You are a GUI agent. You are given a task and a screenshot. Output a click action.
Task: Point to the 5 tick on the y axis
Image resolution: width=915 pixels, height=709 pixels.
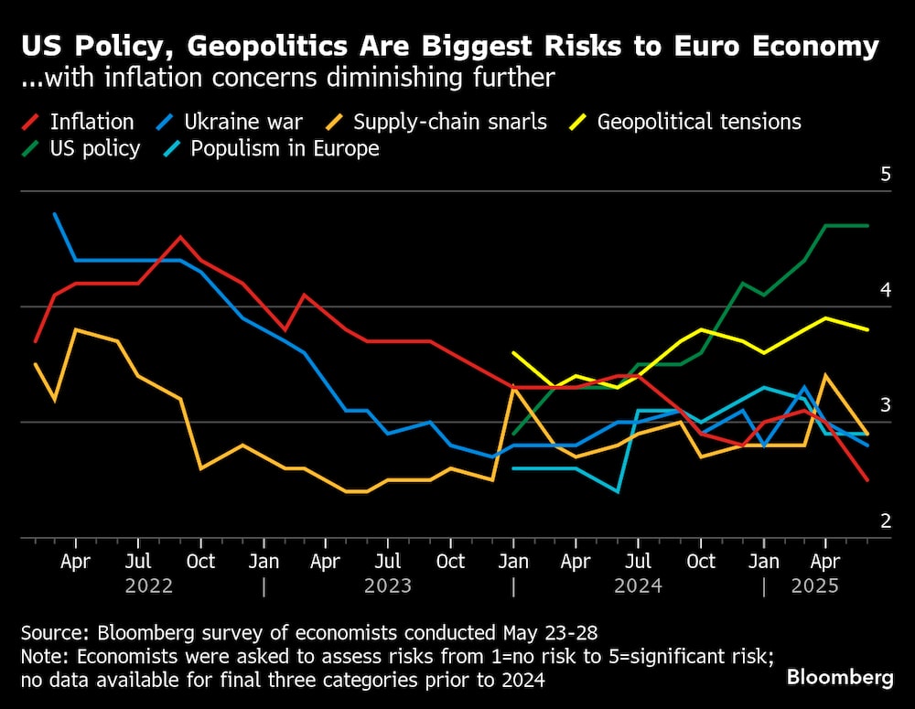pos(885,175)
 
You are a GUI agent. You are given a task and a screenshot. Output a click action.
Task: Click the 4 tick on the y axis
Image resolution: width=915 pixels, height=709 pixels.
pos(885,290)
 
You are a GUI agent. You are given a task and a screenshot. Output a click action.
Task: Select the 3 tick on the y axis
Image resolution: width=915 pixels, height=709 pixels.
pos(885,405)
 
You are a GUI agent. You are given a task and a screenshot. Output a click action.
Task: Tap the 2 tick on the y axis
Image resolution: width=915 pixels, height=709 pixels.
pos(885,521)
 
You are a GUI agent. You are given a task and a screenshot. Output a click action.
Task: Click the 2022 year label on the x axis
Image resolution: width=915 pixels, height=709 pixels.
pos(148,585)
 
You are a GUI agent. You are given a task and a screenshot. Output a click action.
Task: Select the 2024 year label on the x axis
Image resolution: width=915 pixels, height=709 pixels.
pos(638,585)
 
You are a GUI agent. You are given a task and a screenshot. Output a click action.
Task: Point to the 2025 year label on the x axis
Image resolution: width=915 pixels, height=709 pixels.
pos(814,585)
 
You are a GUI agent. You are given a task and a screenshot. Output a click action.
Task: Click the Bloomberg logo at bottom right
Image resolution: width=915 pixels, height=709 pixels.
pos(840,678)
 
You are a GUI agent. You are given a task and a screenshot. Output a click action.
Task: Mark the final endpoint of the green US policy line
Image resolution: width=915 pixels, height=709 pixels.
pos(867,225)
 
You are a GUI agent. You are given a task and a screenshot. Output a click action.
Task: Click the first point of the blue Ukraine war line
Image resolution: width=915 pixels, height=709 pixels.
pos(55,214)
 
